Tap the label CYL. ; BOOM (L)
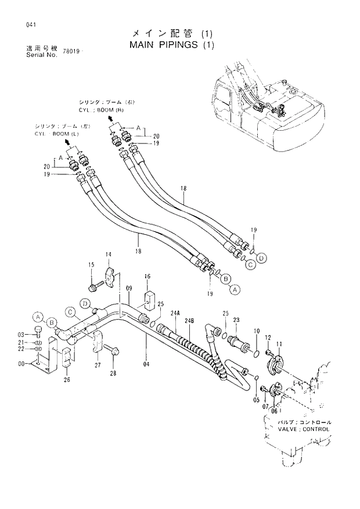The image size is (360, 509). coord(55,134)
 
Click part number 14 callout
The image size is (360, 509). coord(108,255)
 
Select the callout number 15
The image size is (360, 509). coord(91,266)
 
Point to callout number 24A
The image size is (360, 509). coord(174,313)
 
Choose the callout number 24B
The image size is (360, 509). coord(189,321)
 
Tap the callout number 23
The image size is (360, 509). coord(236,320)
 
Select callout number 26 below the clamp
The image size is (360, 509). coord(66,381)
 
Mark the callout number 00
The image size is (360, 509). coord(22,364)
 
